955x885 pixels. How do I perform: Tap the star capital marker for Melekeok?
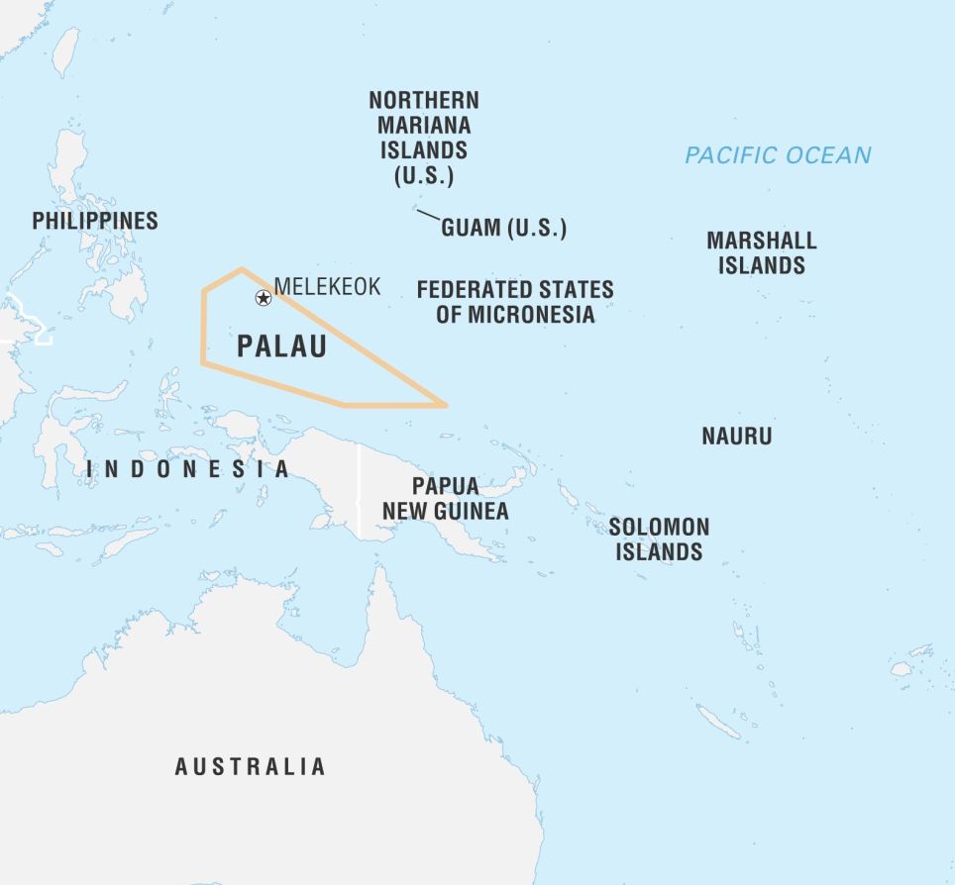(264, 298)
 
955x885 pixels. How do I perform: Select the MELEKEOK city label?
(327, 287)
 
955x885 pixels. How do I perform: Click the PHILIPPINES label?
(95, 221)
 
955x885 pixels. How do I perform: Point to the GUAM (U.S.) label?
(503, 228)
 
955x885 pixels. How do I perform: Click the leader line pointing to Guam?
(428, 215)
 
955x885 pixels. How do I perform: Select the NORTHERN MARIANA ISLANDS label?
(424, 139)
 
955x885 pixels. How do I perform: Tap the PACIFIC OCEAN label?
(778, 155)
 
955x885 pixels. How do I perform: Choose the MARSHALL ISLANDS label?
(761, 252)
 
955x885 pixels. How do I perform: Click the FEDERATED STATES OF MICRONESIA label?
(515, 302)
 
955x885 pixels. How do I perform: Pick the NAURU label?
(736, 436)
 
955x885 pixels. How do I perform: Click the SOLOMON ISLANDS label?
(659, 540)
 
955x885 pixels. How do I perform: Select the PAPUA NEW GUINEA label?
(446, 499)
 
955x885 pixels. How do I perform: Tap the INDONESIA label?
(187, 469)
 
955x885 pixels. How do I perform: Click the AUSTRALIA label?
(250, 766)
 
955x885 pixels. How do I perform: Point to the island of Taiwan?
(65, 51)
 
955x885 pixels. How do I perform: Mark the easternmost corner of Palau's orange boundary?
(446, 405)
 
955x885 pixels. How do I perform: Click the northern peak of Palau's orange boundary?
(242, 269)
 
